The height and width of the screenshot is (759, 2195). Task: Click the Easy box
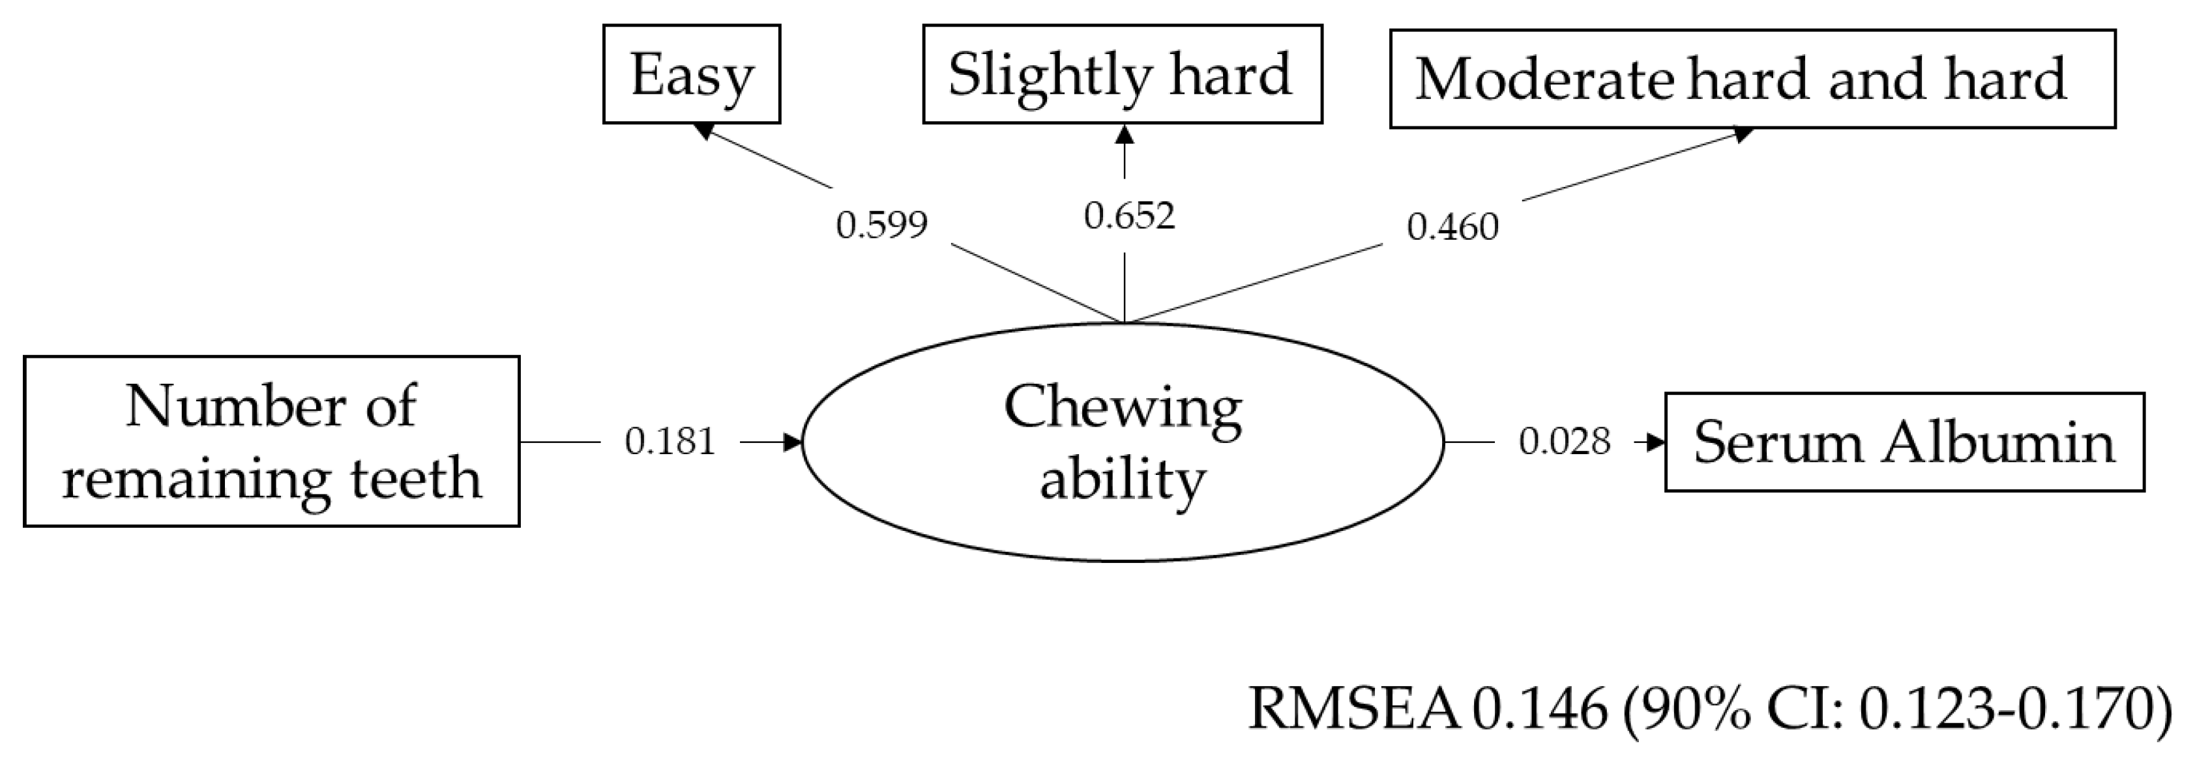pos(691,74)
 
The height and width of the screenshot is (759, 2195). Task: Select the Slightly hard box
pos(1121,74)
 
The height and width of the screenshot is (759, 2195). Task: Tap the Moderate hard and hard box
pos(1752,79)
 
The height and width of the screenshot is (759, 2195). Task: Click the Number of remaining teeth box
pos(271,441)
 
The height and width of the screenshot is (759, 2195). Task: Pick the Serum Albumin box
pos(1904,442)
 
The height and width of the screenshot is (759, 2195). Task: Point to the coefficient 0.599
pos(881,225)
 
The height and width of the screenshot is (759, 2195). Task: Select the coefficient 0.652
pos(1129,216)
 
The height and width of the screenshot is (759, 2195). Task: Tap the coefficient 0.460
pos(1452,227)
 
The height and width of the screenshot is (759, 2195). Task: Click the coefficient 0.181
pos(670,441)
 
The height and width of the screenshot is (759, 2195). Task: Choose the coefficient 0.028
pos(1565,441)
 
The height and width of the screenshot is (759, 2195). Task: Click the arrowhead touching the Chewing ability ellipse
pos(793,442)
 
